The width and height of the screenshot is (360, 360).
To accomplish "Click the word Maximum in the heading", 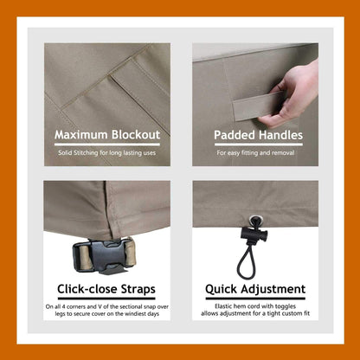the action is pos(81,135).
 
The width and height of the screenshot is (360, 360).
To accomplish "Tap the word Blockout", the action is pos(136,135).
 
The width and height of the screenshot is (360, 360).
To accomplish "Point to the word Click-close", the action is pos(87,289).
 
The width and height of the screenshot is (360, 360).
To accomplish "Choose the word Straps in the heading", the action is pos(138,289).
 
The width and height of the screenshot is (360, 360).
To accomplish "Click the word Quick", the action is pos(221,289).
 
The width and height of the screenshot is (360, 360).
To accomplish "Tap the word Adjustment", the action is pos(273,289).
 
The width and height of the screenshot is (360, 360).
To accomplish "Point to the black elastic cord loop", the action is pos(246,260).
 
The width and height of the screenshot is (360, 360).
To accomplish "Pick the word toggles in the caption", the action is pos(286,306).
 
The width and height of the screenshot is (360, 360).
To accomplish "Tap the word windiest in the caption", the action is pos(134,313).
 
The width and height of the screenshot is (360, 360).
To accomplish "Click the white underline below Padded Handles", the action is pos(258,145).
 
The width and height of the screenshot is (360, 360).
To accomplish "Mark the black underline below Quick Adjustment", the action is pos(255,299).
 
